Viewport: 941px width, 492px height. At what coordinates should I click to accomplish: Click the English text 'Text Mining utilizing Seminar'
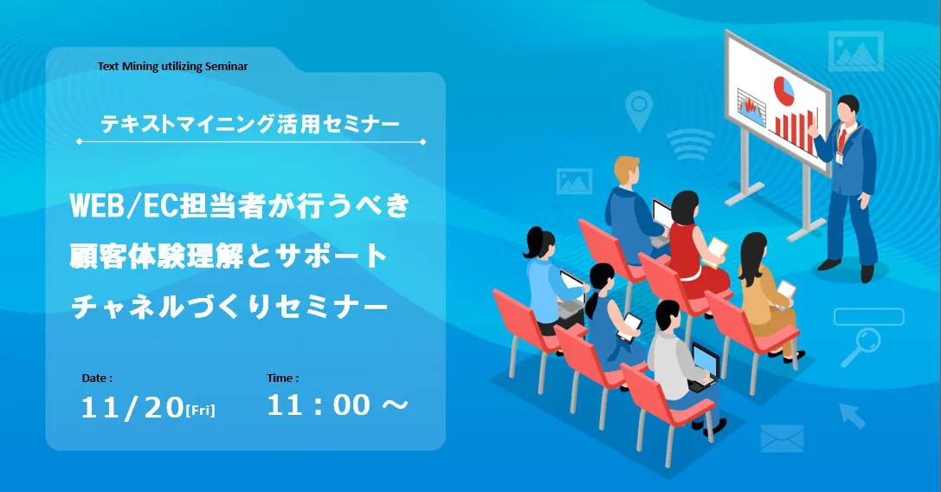coord(173,67)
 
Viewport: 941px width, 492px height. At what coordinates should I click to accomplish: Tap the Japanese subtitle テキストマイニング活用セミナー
coord(249,125)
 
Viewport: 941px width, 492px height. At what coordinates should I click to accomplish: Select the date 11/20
coord(132,407)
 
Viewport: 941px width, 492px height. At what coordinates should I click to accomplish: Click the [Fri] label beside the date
coord(201,411)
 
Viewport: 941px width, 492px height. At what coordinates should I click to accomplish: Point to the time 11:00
coord(319,405)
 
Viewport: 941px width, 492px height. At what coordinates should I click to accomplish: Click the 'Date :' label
coord(97,379)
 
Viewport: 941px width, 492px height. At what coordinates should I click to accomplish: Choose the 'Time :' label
coord(283,379)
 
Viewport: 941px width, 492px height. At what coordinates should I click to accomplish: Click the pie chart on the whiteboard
coord(783,89)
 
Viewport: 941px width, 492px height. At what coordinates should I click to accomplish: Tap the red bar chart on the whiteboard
coord(794,128)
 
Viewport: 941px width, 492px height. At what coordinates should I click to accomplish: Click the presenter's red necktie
coord(842,140)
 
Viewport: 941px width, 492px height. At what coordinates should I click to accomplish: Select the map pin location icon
coord(639,110)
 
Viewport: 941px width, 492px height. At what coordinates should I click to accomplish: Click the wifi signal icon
coord(690,145)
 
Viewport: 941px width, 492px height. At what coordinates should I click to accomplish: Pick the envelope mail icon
coord(782,438)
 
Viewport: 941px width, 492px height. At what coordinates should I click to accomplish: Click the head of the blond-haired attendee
coord(627,172)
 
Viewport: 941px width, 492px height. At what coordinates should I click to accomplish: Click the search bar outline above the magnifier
coord(868,316)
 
